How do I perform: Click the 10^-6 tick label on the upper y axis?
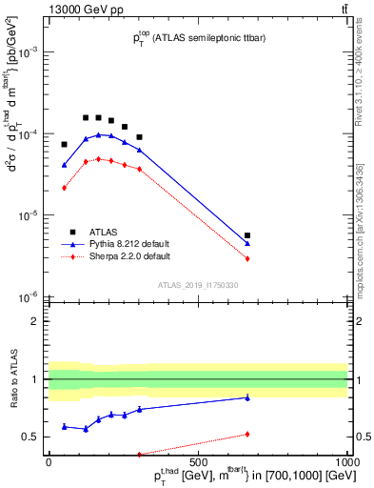(x=27, y=297)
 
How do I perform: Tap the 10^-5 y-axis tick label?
(x=27, y=215)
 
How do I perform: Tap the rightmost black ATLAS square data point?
(x=247, y=234)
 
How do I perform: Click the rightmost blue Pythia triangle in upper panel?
(x=247, y=243)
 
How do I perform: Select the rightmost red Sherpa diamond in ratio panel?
(x=247, y=434)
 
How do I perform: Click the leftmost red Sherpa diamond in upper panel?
(x=64, y=188)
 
